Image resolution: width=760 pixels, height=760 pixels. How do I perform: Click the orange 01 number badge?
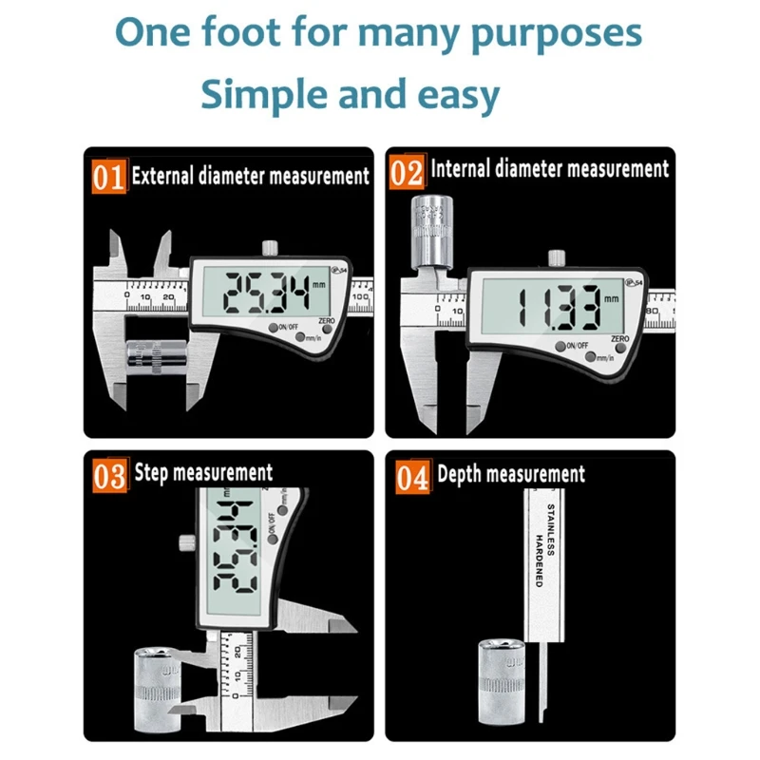tap(108, 177)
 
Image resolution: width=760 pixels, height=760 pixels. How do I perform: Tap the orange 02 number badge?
tap(407, 174)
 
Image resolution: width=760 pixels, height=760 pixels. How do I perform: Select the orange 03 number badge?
tap(109, 475)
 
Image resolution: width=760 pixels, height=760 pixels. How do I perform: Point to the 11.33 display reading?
tap(557, 306)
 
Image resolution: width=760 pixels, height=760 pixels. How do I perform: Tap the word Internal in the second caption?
tap(462, 170)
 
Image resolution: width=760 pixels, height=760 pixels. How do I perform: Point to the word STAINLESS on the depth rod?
tap(550, 533)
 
